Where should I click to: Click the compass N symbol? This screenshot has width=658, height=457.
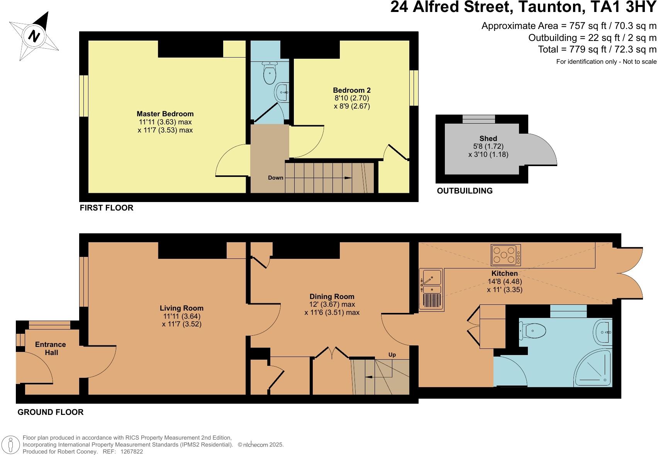click(34, 36)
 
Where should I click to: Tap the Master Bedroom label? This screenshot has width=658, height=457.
click(165, 114)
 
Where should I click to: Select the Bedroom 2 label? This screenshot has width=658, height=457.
click(352, 90)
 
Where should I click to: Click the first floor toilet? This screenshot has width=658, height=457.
click(269, 73)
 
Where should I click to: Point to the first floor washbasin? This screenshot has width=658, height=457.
click(282, 92)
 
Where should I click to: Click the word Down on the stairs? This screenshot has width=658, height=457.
click(275, 178)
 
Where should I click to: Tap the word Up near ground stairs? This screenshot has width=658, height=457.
click(392, 355)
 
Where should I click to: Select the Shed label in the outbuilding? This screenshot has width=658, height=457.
click(488, 138)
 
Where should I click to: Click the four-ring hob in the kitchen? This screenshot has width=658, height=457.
click(505, 255)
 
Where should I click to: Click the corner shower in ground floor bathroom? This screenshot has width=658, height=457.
click(595, 367)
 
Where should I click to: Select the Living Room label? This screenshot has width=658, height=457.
click(181, 308)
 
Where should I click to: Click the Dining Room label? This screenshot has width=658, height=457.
click(332, 296)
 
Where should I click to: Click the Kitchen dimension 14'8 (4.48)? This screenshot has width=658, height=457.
click(505, 281)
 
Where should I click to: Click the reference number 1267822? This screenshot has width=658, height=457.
click(132, 451)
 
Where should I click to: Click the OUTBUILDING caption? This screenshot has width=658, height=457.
click(465, 190)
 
